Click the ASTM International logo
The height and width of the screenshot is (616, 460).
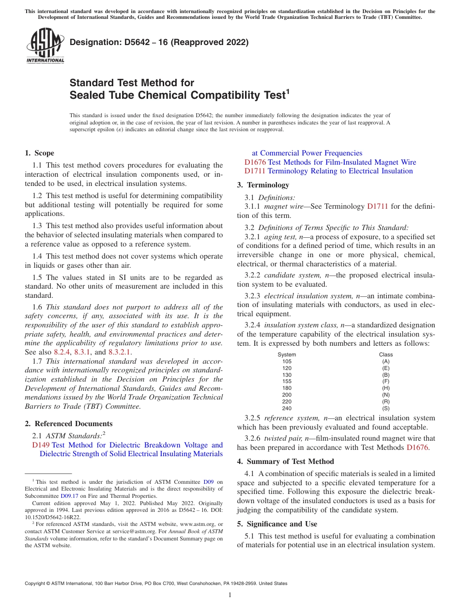(x=45, y=46)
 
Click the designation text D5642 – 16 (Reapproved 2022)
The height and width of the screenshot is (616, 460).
(x=159, y=42)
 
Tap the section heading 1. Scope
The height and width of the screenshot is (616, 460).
(x=39, y=153)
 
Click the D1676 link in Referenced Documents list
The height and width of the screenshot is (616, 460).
(x=255, y=162)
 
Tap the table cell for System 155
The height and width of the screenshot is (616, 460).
(x=287, y=381)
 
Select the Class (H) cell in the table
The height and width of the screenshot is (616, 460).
(x=385, y=388)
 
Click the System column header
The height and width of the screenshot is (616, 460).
(x=287, y=354)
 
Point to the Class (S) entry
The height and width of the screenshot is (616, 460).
(x=385, y=408)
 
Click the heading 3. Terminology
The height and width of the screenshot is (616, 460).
(x=263, y=185)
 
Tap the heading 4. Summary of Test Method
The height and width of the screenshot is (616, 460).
(x=285, y=462)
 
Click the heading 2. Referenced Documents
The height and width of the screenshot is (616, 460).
(x=68, y=424)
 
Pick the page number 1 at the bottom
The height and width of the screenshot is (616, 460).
(x=230, y=595)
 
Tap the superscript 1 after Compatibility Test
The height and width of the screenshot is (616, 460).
(x=287, y=91)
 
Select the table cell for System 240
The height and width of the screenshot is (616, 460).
(x=287, y=408)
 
